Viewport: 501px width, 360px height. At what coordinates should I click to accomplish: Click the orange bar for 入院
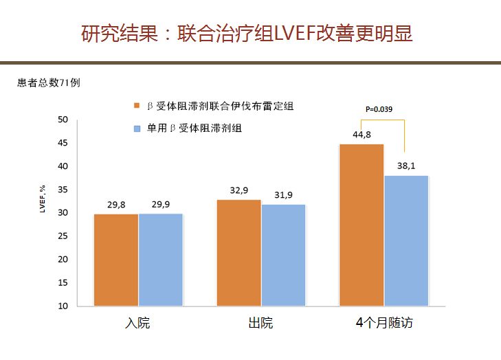[116, 260]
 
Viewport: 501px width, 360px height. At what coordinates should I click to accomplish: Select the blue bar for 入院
[161, 260]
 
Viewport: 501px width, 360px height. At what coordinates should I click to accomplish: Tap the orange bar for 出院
[238, 252]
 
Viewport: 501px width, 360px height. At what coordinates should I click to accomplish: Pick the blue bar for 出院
[283, 255]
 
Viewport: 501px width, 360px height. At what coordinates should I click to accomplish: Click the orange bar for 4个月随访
[361, 225]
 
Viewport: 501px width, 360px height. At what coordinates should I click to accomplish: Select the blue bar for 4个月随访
[406, 240]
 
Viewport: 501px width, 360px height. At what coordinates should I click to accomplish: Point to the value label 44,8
[362, 135]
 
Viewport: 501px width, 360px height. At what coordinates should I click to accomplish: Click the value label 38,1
[407, 166]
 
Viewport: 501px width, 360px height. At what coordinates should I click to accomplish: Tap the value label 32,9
[239, 190]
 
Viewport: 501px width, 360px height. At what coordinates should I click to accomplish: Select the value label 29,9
[161, 204]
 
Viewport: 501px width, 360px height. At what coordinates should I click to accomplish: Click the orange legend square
[137, 106]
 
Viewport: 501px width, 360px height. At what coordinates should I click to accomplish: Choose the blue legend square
[137, 128]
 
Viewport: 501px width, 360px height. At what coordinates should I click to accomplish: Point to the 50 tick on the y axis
[63, 120]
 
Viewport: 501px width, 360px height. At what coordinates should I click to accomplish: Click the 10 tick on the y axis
[63, 306]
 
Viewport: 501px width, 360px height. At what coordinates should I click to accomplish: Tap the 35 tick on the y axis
[63, 190]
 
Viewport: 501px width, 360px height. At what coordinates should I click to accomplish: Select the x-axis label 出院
[260, 323]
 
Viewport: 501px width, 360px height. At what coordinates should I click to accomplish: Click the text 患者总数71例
[49, 83]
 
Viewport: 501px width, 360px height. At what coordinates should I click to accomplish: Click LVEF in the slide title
[294, 33]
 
